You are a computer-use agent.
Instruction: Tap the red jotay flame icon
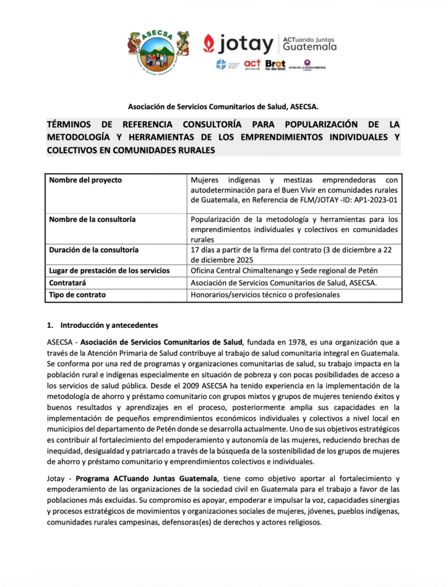coord(210,44)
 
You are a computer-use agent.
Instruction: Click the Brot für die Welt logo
coord(275,64)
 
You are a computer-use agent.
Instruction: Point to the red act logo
coord(252,64)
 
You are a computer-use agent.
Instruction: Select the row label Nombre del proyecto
coord(85,180)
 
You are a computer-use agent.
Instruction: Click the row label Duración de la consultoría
coord(94,250)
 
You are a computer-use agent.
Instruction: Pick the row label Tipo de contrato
coord(77,295)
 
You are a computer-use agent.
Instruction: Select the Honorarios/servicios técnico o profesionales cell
coord(265,295)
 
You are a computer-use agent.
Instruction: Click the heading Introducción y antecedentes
coord(105,325)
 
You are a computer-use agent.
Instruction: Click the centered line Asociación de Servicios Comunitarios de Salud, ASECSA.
coord(223,106)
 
